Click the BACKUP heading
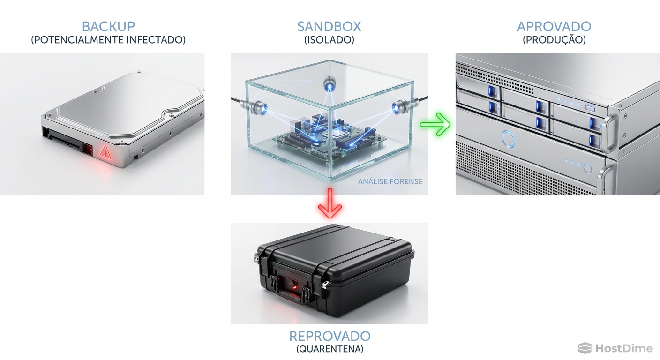point(108,26)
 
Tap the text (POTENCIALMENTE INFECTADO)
point(108,40)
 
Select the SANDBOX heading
point(329,26)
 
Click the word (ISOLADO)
point(329,40)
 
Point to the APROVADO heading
point(554,26)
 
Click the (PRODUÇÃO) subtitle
point(554,40)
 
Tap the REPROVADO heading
point(330,336)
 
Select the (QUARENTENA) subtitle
point(330,349)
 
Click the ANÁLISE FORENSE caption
point(390,181)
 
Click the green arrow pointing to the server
point(435,124)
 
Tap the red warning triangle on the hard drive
point(105,152)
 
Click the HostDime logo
point(615,348)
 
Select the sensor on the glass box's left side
point(258,106)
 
